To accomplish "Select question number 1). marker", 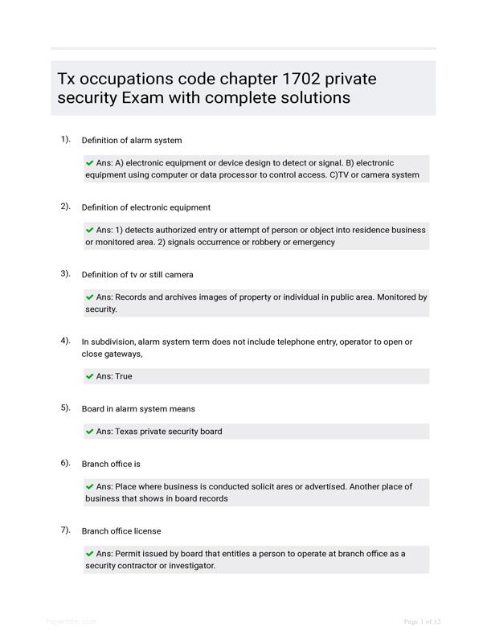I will pos(65,139).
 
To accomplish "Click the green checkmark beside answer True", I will pos(89,376).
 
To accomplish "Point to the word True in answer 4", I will pos(124,376).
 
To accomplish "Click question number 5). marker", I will pos(65,408).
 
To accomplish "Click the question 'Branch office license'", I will pos(121,531).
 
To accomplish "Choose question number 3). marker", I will pos(65,273).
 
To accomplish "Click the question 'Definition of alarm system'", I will pos(132,141).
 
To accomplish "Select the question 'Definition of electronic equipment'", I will pos(146,207).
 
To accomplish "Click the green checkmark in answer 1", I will pos(89,162).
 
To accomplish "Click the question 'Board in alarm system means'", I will pos(138,409).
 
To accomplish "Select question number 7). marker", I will pos(65,530).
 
